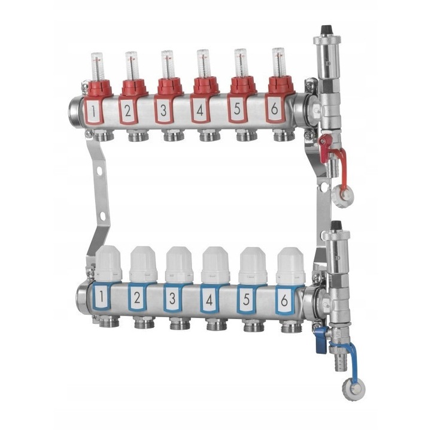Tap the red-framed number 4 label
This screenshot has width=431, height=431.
coord(200,110)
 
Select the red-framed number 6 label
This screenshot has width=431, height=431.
coord(274,110)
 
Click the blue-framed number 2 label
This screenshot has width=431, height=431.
coord(137,298)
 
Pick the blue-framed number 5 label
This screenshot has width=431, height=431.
coord(246,300)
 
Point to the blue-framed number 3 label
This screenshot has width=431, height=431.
coord(172,299)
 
